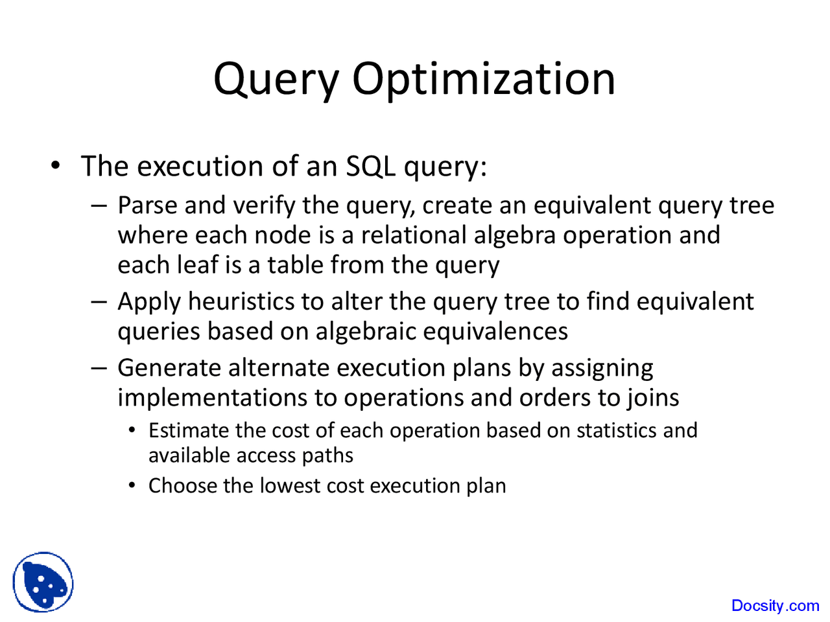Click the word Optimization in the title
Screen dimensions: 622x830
[483, 79]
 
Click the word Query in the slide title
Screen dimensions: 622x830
[276, 80]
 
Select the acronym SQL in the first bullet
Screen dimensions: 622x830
[370, 167]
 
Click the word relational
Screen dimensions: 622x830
[414, 235]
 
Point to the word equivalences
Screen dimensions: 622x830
[495, 332]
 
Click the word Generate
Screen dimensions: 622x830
[169, 368]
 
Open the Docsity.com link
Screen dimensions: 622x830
[775, 606]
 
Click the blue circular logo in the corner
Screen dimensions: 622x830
[43, 582]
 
